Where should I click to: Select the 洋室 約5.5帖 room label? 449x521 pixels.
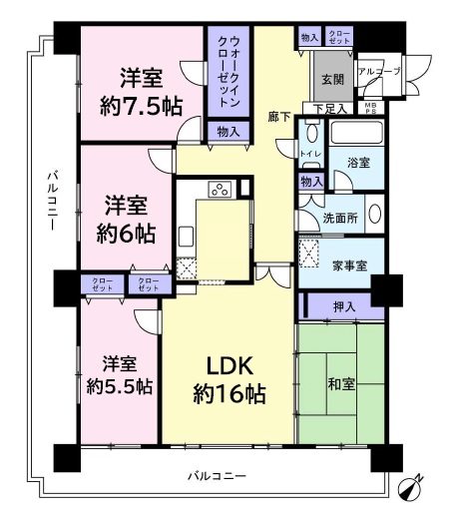[x=117, y=372]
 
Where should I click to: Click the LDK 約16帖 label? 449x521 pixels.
[x=228, y=376]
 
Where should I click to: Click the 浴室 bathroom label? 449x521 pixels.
[x=358, y=161]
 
